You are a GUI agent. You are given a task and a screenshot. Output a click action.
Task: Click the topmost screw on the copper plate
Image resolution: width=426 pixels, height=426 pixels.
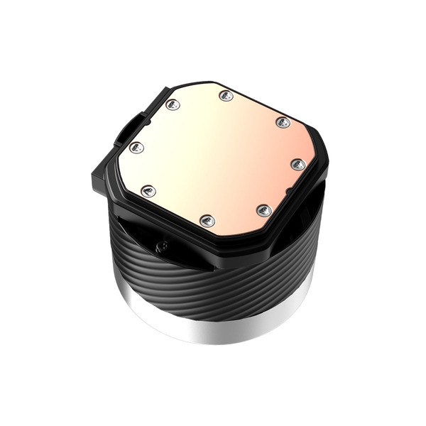coord(226,95)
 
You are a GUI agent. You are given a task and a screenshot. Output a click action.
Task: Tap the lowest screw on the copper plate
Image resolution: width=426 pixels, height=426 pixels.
coord(207,220)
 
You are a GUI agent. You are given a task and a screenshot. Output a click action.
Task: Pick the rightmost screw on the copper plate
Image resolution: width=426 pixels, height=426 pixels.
coord(298,164)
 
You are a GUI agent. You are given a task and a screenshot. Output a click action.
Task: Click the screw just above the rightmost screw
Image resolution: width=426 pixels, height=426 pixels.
coord(283,122)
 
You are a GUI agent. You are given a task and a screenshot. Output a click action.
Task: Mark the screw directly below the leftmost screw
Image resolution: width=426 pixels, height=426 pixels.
coord(148,190)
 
